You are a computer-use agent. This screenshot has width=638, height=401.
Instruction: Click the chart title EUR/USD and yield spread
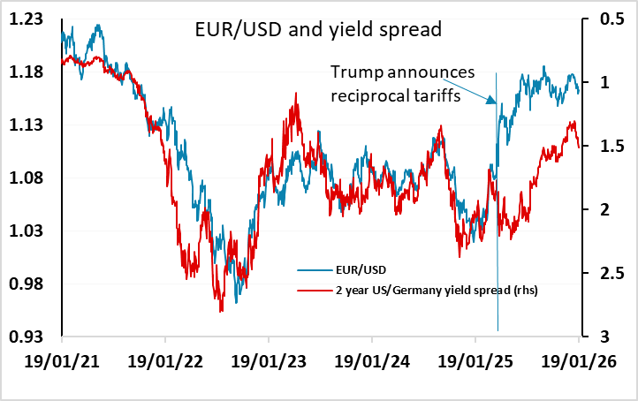coord(317,30)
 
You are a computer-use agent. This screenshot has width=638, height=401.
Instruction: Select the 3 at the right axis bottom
coord(601,337)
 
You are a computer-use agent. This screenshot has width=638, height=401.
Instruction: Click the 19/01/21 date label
coord(62,363)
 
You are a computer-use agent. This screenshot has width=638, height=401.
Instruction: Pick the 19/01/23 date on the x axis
coord(269,363)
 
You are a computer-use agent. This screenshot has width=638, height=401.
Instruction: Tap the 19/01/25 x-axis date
coord(475,363)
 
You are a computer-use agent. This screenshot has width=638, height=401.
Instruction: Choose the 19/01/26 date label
coord(579,363)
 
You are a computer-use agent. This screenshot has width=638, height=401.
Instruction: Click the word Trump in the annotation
coord(354,72)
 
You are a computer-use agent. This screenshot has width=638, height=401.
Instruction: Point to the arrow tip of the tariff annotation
coord(494,103)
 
